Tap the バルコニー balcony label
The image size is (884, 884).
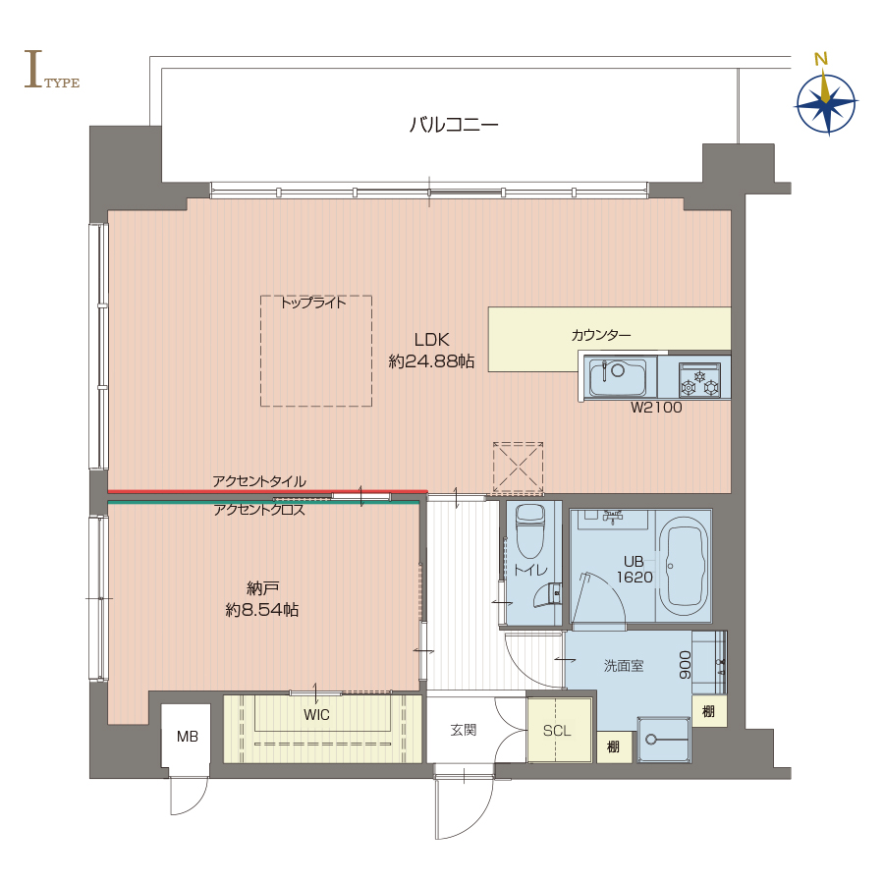click(454, 124)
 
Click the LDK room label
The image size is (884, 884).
click(432, 340)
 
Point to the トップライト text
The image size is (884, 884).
click(313, 303)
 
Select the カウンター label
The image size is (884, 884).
click(601, 336)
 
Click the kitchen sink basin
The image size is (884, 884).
click(618, 376)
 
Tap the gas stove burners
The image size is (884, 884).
click(699, 381)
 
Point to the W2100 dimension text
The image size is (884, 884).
click(656, 407)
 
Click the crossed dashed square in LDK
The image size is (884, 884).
click(518, 468)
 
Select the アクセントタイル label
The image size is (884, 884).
click(259, 481)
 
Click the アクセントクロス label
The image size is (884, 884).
click(259, 510)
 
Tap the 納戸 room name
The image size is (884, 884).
click(262, 588)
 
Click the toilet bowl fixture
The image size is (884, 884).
click(530, 530)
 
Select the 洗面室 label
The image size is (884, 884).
click(624, 666)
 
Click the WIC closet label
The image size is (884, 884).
click(316, 715)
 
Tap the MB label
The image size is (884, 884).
click(188, 737)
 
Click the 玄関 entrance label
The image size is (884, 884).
click(464, 730)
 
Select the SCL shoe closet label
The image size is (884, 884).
click(557, 731)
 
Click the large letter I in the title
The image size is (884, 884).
click(33, 70)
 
